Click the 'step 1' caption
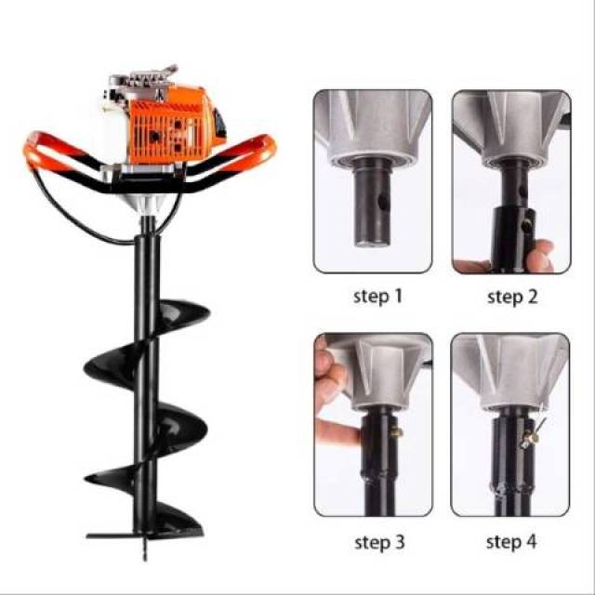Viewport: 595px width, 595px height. [x=377, y=296]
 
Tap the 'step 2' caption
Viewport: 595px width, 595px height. [x=512, y=297]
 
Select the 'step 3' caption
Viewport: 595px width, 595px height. [x=379, y=542]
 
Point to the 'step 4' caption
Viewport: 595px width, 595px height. [x=511, y=541]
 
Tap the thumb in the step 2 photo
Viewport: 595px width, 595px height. [x=539, y=255]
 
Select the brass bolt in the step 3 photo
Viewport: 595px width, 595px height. [x=397, y=431]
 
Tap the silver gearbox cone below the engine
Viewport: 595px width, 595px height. [x=145, y=203]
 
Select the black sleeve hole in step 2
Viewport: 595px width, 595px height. [x=527, y=226]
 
